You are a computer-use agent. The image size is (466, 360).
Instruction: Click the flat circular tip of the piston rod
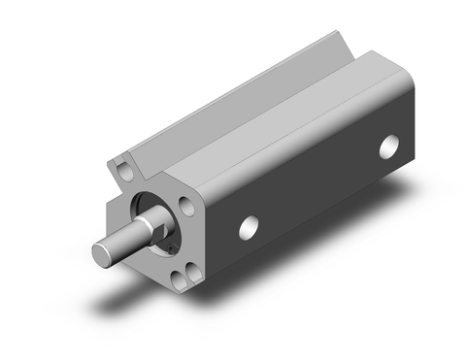(x=103, y=254)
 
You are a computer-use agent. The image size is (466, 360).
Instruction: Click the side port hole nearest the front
(x=250, y=227)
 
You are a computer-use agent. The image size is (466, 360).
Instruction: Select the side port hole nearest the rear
(x=389, y=147)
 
